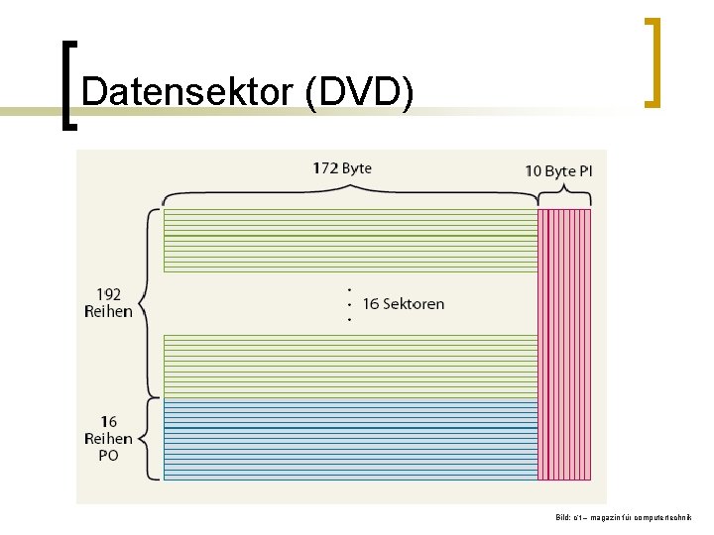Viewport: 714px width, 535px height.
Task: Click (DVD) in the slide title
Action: click(359, 91)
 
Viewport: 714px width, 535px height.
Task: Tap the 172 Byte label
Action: click(342, 167)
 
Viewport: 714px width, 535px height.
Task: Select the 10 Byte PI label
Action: click(558, 170)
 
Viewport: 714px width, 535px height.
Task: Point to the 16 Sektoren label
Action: click(404, 303)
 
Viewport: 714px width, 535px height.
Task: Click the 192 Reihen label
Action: click(108, 302)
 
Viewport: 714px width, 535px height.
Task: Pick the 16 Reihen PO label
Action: click(108, 438)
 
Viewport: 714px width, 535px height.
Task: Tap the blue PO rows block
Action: click(350, 439)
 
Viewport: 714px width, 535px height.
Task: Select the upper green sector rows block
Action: click(350, 240)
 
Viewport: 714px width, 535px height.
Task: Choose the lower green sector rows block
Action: click(350, 366)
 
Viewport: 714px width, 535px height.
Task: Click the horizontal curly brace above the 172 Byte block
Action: click(350, 192)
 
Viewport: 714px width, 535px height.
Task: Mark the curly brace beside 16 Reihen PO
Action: click(150, 439)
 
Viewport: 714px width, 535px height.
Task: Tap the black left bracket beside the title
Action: click(67, 84)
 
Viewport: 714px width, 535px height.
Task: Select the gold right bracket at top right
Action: click(652, 61)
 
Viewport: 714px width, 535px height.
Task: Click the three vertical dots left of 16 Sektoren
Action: click(350, 304)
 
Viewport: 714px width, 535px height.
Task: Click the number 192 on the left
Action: click(108, 293)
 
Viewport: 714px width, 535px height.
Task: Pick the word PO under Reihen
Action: click(108, 455)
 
